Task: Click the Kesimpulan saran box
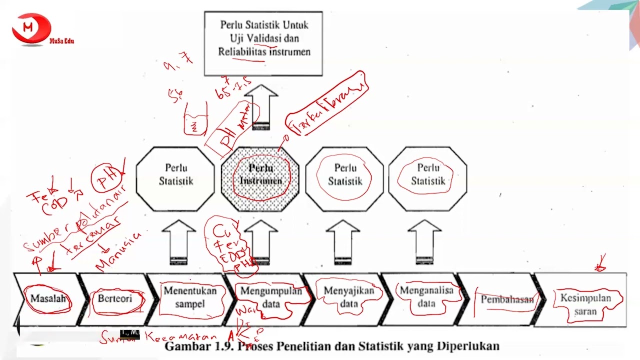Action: [585, 304]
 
